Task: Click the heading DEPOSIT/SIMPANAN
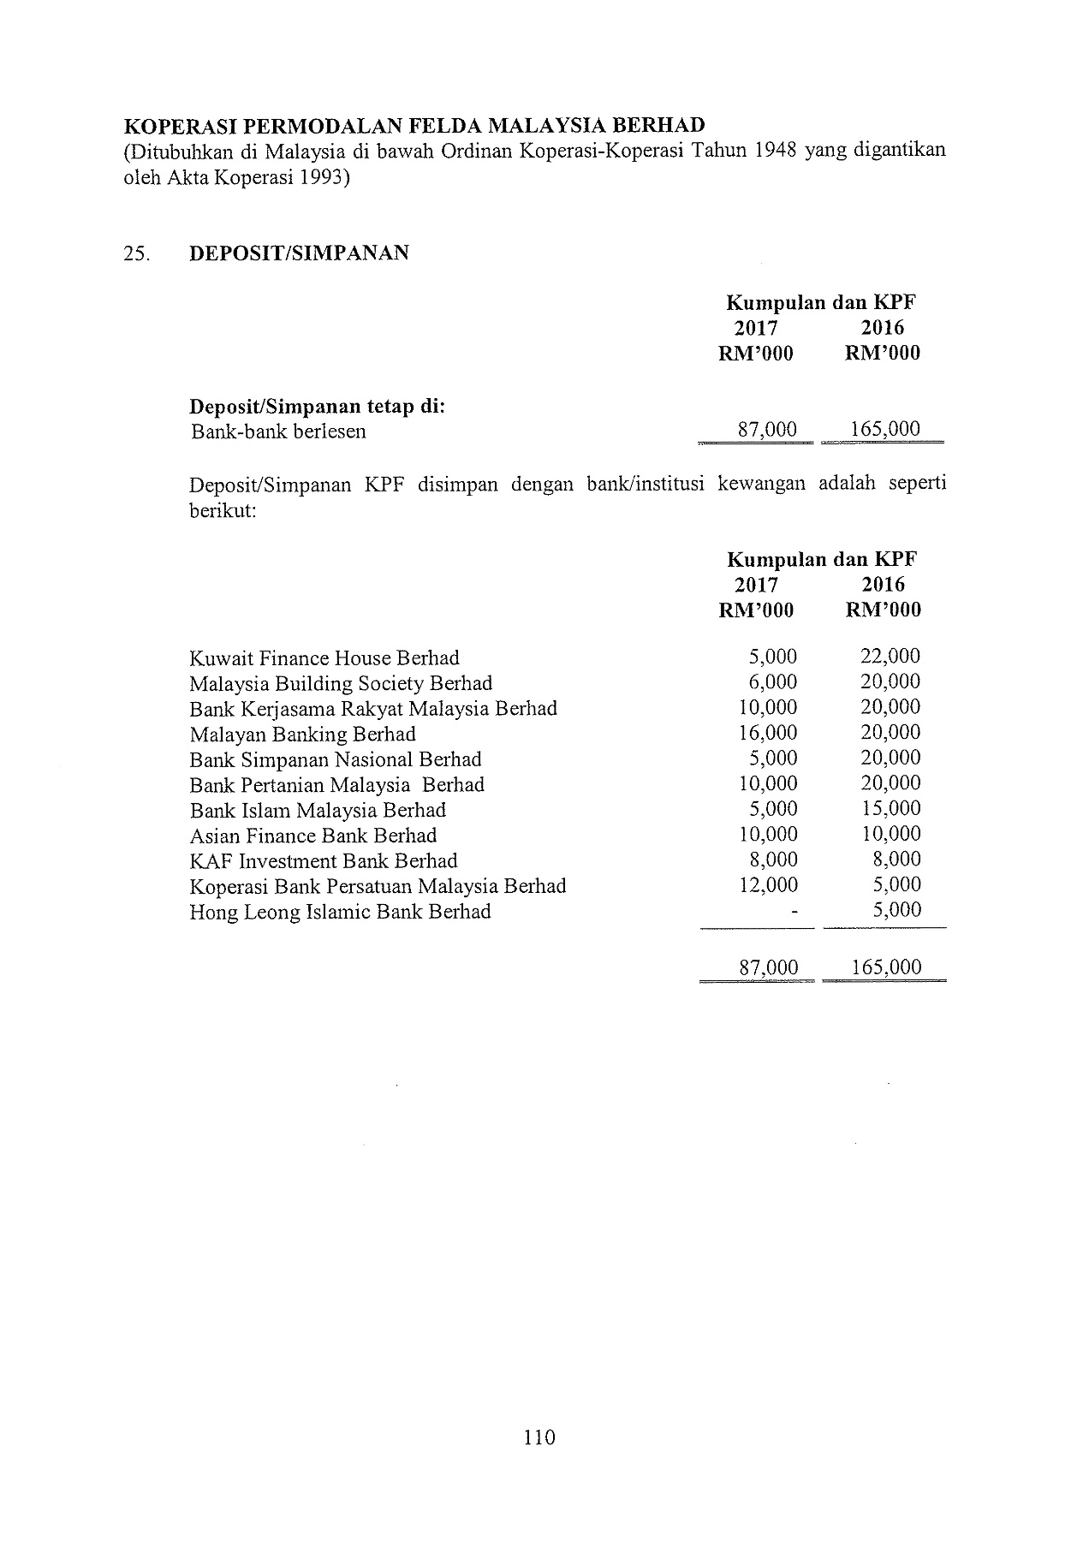pos(299,253)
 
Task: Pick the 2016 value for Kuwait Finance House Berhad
pos(890,657)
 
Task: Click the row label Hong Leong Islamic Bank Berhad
pos(340,912)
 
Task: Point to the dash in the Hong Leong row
pos(794,913)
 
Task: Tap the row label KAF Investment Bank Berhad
pos(324,861)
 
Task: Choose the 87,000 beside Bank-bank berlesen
pos(767,429)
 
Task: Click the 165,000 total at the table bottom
pos(887,967)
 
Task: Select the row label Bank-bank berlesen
pos(278,431)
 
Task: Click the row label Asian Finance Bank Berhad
pos(313,836)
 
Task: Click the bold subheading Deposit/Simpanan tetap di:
pos(317,406)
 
